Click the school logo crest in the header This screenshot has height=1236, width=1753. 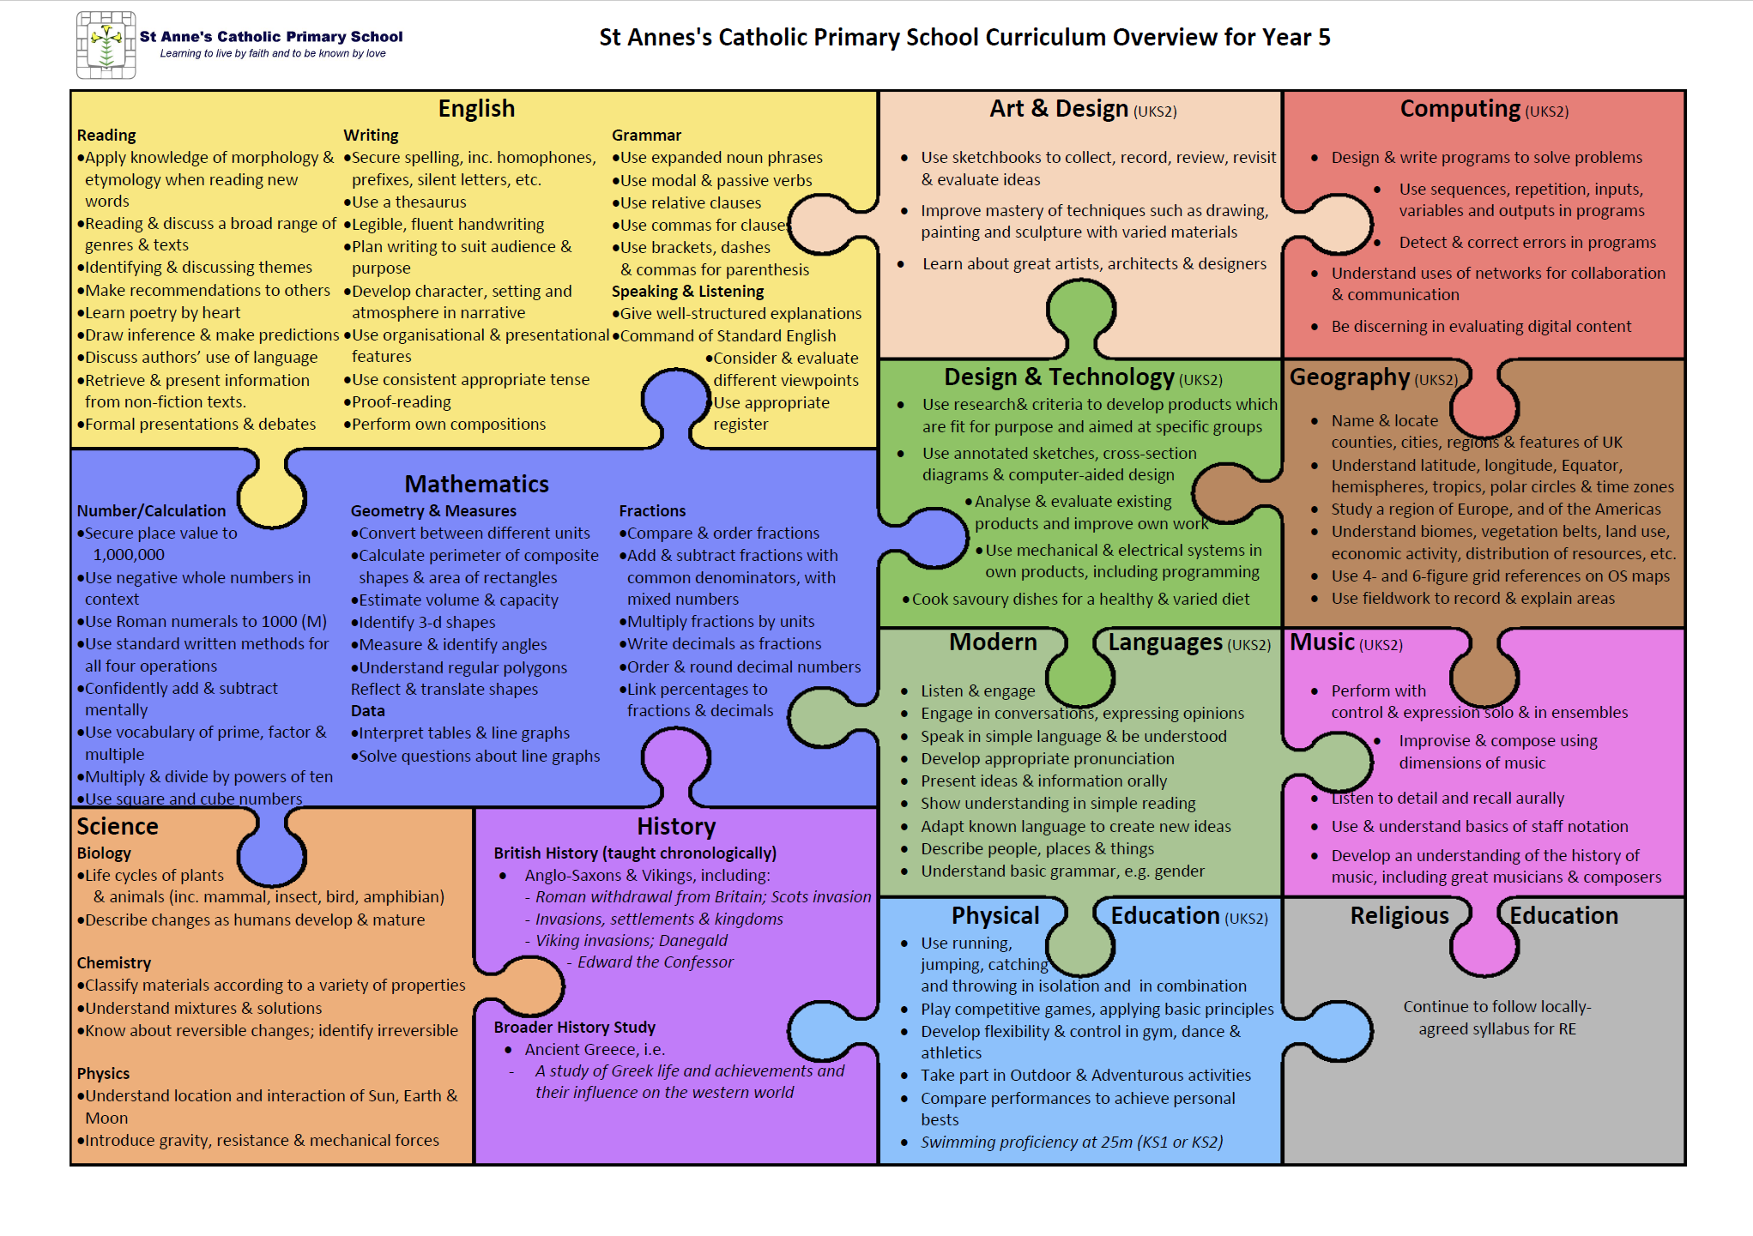click(106, 45)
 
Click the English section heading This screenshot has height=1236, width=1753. click(476, 109)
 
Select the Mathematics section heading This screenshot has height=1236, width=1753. click(476, 484)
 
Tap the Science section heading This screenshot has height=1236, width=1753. click(118, 826)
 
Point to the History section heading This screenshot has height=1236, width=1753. click(676, 826)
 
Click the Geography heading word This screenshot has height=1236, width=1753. click(1350, 377)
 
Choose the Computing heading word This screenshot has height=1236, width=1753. click(1460, 109)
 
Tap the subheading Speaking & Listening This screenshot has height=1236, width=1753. click(687, 292)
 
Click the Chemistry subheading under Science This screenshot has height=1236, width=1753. click(114, 963)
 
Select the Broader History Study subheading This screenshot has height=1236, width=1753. click(574, 1028)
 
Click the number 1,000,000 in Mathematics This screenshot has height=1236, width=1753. click(129, 555)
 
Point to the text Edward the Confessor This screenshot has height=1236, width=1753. click(656, 962)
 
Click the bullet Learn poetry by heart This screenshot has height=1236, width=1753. click(159, 313)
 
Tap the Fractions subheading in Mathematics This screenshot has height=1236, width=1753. click(652, 511)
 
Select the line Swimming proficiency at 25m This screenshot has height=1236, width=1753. click(1072, 1143)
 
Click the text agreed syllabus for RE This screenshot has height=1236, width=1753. click(1497, 1029)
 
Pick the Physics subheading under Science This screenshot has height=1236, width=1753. click(103, 1074)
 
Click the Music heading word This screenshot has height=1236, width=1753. click(1322, 642)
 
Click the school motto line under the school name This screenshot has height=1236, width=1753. click(273, 53)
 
